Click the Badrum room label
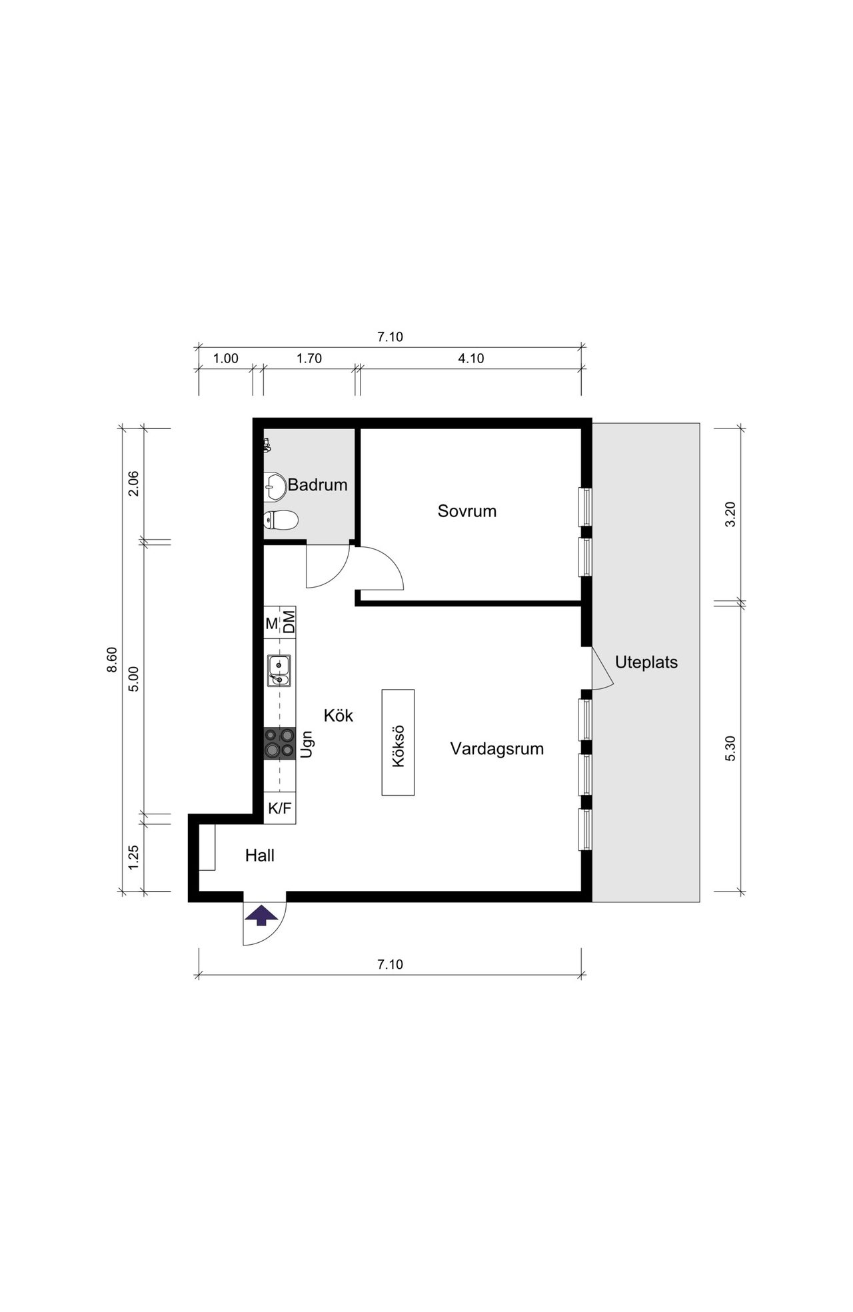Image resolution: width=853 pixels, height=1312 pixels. click(318, 485)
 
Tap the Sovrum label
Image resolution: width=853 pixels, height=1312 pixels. click(467, 511)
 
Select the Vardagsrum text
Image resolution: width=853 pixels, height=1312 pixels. click(497, 749)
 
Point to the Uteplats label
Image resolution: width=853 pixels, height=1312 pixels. click(646, 662)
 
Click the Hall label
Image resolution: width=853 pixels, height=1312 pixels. click(260, 856)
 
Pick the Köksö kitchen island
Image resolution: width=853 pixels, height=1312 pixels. click(398, 742)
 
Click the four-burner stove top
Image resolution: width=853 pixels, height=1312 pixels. click(280, 743)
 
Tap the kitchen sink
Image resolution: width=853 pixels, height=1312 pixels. click(279, 670)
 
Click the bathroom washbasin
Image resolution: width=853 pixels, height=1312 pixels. click(275, 486)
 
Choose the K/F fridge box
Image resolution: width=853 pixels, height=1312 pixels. click(280, 808)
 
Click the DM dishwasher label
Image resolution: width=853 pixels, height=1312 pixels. click(289, 622)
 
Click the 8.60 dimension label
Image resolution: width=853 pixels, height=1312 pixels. click(112, 660)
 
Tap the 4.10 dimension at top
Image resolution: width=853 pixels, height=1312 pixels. click(471, 358)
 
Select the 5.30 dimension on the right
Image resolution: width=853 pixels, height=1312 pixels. click(730, 748)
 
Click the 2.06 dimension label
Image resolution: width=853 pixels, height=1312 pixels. click(133, 484)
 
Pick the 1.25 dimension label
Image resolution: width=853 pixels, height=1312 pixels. click(133, 857)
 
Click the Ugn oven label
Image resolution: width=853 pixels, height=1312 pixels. click(307, 744)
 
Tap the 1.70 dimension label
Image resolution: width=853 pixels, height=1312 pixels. click(309, 358)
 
